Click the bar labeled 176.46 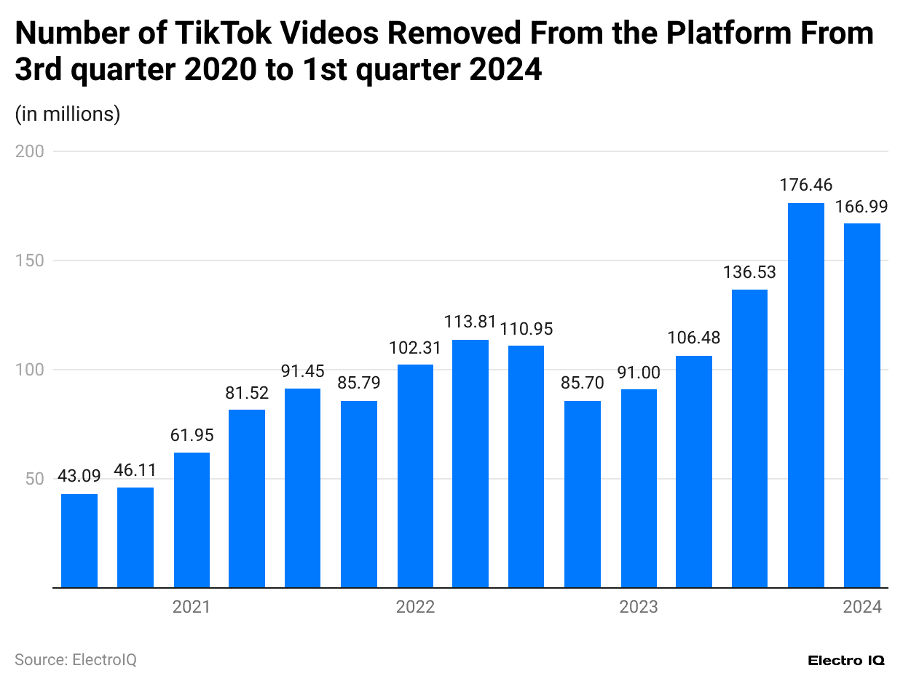[x=806, y=395]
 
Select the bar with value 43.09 [x=79, y=541]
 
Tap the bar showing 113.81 [x=470, y=464]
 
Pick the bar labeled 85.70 [x=583, y=494]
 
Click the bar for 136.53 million [x=750, y=438]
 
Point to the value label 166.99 [x=862, y=207]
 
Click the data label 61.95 [x=192, y=436]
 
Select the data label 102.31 [x=415, y=348]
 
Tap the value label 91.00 [x=639, y=373]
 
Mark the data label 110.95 [x=527, y=329]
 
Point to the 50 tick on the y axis [x=33, y=479]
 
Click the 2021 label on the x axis [x=192, y=607]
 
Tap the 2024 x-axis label [x=862, y=607]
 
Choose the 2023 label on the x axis [x=639, y=607]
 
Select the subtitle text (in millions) [x=68, y=114]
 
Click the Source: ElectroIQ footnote [x=76, y=659]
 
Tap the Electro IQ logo [x=846, y=660]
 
